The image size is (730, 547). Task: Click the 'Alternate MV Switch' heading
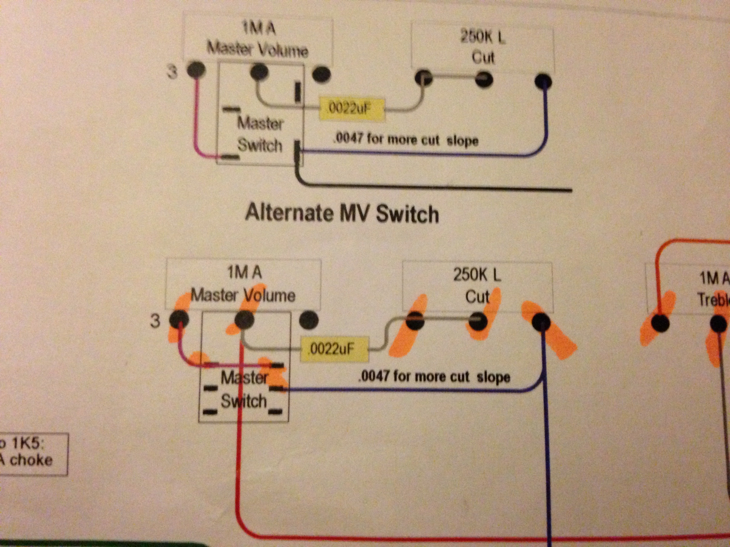coord(342,213)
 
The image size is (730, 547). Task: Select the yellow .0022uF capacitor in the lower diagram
coord(334,349)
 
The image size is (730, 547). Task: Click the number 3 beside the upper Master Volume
coord(172,72)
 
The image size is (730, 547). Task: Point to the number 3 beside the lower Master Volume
coord(155,320)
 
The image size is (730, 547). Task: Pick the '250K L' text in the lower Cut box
coord(477,275)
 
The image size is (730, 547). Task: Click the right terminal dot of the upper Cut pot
coord(543,81)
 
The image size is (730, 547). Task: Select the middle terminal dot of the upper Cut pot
coord(484,79)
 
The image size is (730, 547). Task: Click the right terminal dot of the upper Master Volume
coord(321,74)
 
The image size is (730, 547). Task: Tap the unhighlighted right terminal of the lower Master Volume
coord(309,320)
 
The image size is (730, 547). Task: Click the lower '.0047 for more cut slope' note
coord(434,377)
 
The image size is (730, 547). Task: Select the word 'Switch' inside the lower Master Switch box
coord(244,401)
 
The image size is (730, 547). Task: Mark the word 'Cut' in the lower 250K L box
coord(477,297)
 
